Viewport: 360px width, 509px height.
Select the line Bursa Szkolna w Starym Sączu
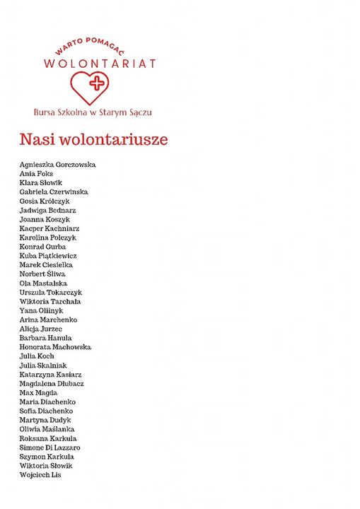point(92,112)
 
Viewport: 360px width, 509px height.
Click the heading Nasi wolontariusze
point(93,139)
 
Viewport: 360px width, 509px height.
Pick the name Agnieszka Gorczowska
point(57,165)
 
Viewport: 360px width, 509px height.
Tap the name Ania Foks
point(36,174)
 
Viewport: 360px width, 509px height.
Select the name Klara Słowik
point(41,183)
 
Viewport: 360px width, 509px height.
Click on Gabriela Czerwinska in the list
point(54,192)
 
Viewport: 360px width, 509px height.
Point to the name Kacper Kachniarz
point(50,228)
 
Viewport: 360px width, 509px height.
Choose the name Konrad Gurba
point(42,247)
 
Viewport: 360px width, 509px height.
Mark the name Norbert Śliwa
point(42,274)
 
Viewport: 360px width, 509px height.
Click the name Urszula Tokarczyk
point(51,293)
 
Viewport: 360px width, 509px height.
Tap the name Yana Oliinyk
point(41,310)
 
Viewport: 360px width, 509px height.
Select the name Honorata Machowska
point(55,347)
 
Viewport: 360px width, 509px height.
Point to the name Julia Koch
point(37,356)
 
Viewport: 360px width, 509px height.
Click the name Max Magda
point(39,393)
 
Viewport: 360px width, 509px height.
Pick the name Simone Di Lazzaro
point(50,447)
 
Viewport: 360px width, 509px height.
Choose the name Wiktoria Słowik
point(46,466)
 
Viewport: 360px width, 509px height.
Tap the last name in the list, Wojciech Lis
point(40,475)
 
